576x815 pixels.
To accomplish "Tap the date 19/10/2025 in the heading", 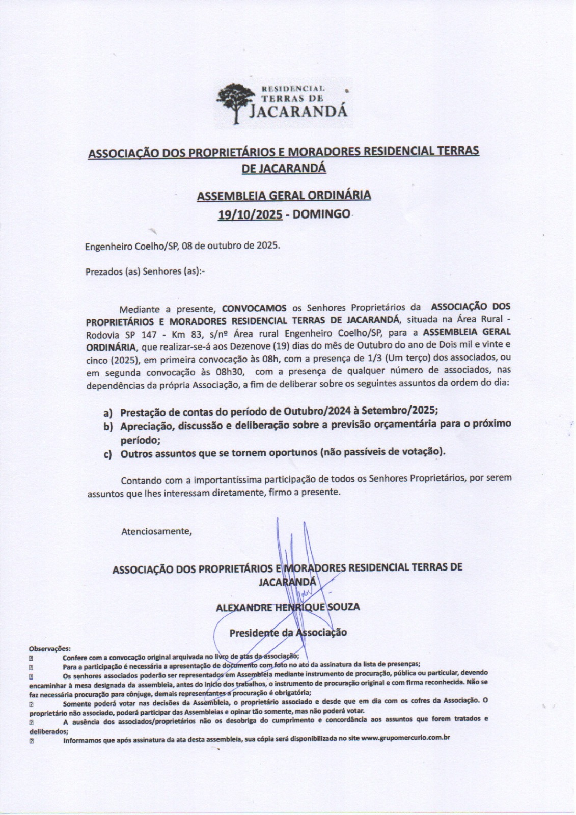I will click(x=250, y=214).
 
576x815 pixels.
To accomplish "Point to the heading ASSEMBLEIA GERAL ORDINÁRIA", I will click(x=284, y=195).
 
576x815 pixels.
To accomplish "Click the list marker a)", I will click(x=108, y=412).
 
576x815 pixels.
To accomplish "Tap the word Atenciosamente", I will click(x=156, y=532).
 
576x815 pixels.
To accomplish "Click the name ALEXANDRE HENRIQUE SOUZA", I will click(x=288, y=607).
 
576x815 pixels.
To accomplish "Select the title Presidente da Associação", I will click(x=288, y=633).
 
